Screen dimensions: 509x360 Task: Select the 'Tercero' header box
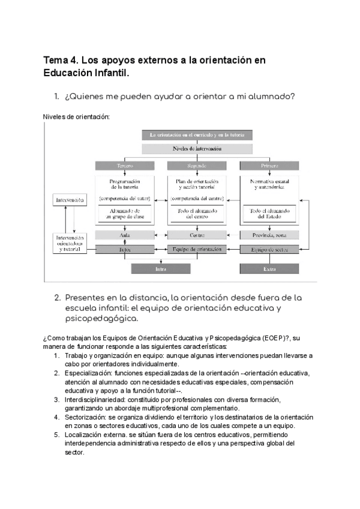[125, 165]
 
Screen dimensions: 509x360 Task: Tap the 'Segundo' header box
[197, 165]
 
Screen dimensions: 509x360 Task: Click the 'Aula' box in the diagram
[125, 235]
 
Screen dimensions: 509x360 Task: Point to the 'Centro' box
[197, 235]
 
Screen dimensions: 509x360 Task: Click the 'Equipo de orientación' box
[197, 248]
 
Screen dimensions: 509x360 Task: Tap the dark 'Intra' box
[161, 270]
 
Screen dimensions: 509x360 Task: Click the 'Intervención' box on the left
[70, 199]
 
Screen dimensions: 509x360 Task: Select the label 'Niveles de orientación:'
[76, 116]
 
